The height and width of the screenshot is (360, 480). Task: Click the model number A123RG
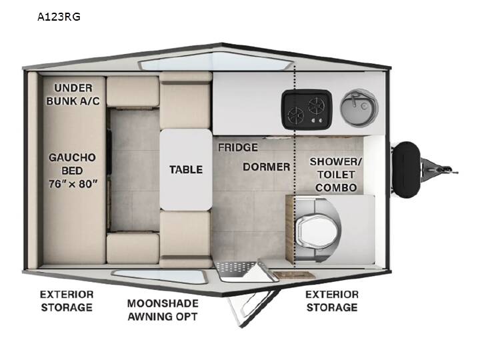click(59, 17)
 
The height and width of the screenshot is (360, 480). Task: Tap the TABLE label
click(186, 169)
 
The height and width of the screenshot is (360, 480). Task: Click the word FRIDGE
click(238, 147)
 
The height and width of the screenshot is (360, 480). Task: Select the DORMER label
click(266, 167)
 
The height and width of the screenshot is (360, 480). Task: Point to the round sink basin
click(359, 108)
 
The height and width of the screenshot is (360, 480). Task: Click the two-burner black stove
click(307, 109)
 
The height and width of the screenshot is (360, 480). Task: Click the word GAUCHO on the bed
click(72, 157)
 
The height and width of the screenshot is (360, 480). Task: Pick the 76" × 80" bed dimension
click(73, 184)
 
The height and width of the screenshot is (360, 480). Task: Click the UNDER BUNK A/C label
click(73, 94)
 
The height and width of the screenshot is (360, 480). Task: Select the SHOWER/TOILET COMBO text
click(336, 175)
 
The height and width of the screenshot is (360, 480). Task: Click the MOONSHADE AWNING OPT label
click(163, 310)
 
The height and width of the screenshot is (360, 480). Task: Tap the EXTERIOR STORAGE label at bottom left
click(67, 301)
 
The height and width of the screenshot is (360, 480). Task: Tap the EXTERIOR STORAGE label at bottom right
click(332, 301)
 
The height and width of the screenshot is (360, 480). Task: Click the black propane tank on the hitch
click(406, 169)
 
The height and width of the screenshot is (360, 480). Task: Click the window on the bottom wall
click(159, 277)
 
